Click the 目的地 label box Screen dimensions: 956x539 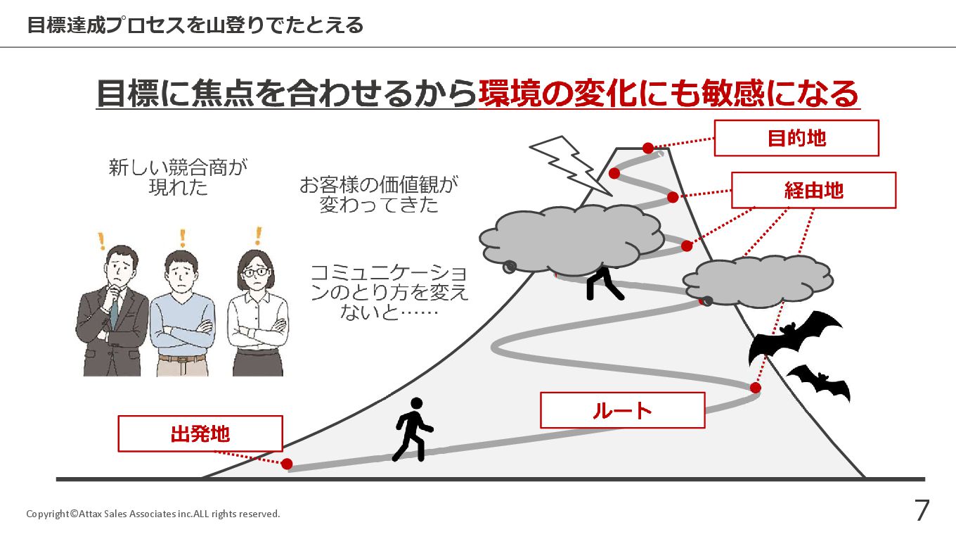point(796,138)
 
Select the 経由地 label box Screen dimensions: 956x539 point(813,190)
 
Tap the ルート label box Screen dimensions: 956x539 point(622,410)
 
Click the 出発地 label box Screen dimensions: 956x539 point(200,433)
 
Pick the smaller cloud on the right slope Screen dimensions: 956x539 point(758,280)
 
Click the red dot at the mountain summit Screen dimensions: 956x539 point(648,148)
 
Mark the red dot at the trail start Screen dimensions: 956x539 point(287,464)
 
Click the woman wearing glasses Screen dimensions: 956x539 point(257,310)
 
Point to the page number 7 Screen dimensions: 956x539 point(922,511)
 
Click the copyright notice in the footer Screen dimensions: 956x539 point(153,514)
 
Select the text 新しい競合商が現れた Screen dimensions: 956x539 point(179,177)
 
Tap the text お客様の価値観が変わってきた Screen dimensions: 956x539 point(379,195)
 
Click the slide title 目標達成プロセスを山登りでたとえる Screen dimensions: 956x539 point(195,25)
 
